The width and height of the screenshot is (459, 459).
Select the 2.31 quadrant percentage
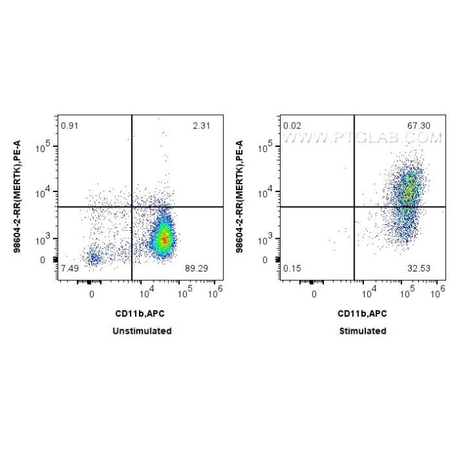point(202,125)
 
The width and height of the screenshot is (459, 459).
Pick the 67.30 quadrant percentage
point(422,125)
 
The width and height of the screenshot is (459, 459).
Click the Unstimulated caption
point(142,331)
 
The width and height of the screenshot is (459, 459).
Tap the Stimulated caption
point(363,331)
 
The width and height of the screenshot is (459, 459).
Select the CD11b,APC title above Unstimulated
point(142,314)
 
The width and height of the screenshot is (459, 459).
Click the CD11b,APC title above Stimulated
point(363,314)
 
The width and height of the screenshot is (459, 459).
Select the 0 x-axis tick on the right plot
point(314,294)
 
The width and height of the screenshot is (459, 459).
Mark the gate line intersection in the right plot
point(354,207)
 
